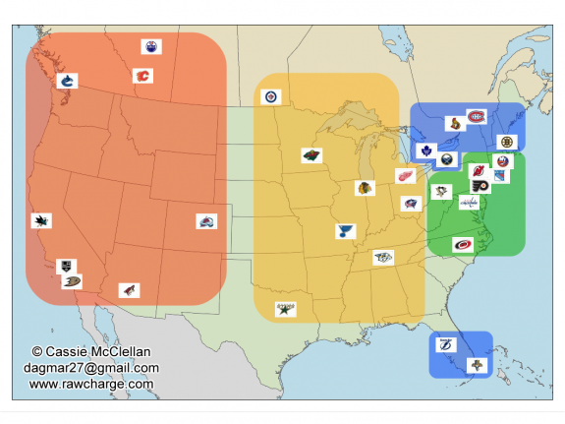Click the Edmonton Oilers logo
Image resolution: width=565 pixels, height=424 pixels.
tap(151, 46)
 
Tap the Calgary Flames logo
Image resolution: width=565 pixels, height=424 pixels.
tap(143, 76)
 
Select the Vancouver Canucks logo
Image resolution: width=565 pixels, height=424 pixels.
tap(67, 81)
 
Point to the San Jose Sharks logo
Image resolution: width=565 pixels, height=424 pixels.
tap(41, 220)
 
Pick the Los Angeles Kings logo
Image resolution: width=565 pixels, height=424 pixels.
tap(65, 266)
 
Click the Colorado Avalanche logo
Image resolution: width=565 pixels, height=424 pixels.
tap(206, 222)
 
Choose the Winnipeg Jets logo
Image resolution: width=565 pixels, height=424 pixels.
tap(272, 96)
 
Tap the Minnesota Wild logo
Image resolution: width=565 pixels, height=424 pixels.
tap(311, 155)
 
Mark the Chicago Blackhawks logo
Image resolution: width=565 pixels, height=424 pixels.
tap(365, 188)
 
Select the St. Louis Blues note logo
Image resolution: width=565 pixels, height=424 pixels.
tap(344, 231)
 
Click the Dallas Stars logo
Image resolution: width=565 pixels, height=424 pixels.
tap(286, 309)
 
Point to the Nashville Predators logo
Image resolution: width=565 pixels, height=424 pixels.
tap(382, 258)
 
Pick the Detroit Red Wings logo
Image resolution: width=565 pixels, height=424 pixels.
tap(405, 176)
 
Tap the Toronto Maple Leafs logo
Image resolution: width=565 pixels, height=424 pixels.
tap(426, 151)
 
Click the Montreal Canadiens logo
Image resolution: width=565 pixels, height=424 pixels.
tap(477, 117)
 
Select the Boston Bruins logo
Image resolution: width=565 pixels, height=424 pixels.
tap(506, 142)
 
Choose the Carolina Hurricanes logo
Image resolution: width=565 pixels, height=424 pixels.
tap(462, 245)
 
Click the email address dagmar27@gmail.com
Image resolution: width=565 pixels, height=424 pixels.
tap(91, 368)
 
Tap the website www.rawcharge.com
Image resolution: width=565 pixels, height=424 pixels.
tap(91, 384)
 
